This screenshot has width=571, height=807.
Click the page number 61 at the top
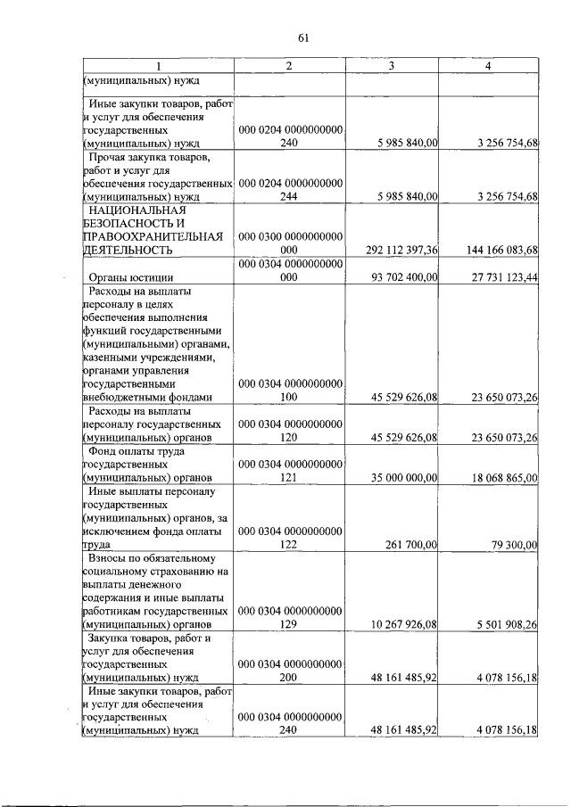[x=302, y=37]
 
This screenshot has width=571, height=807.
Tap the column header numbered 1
[x=159, y=67]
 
